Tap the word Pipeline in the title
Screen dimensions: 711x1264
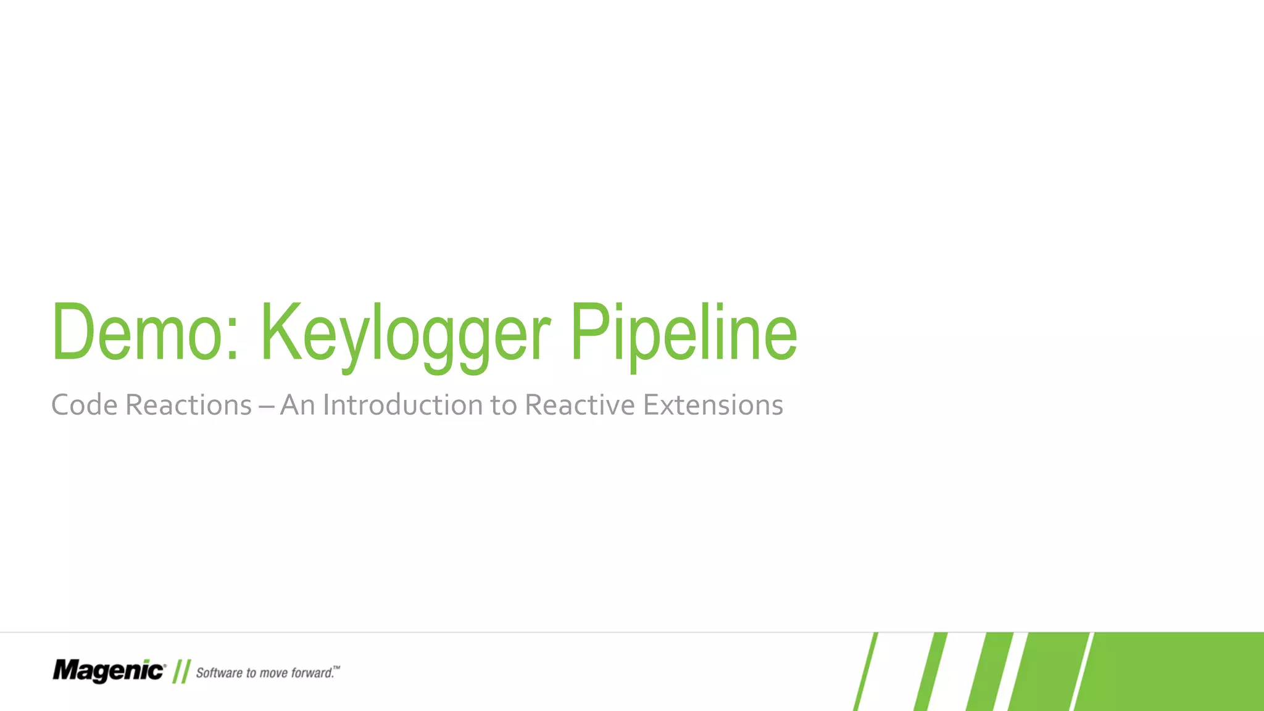[x=683, y=333]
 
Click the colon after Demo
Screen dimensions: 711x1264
[x=232, y=343]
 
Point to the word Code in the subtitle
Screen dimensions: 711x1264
[x=84, y=405]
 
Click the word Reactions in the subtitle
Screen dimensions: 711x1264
[x=188, y=405]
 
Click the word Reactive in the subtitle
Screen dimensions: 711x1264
[x=580, y=405]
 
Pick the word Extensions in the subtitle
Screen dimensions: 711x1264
[x=713, y=405]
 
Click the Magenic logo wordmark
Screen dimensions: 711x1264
[x=109, y=671]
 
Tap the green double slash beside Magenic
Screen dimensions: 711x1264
[x=181, y=671]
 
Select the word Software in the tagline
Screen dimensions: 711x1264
[x=219, y=673]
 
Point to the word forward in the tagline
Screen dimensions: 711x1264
[x=312, y=673]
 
